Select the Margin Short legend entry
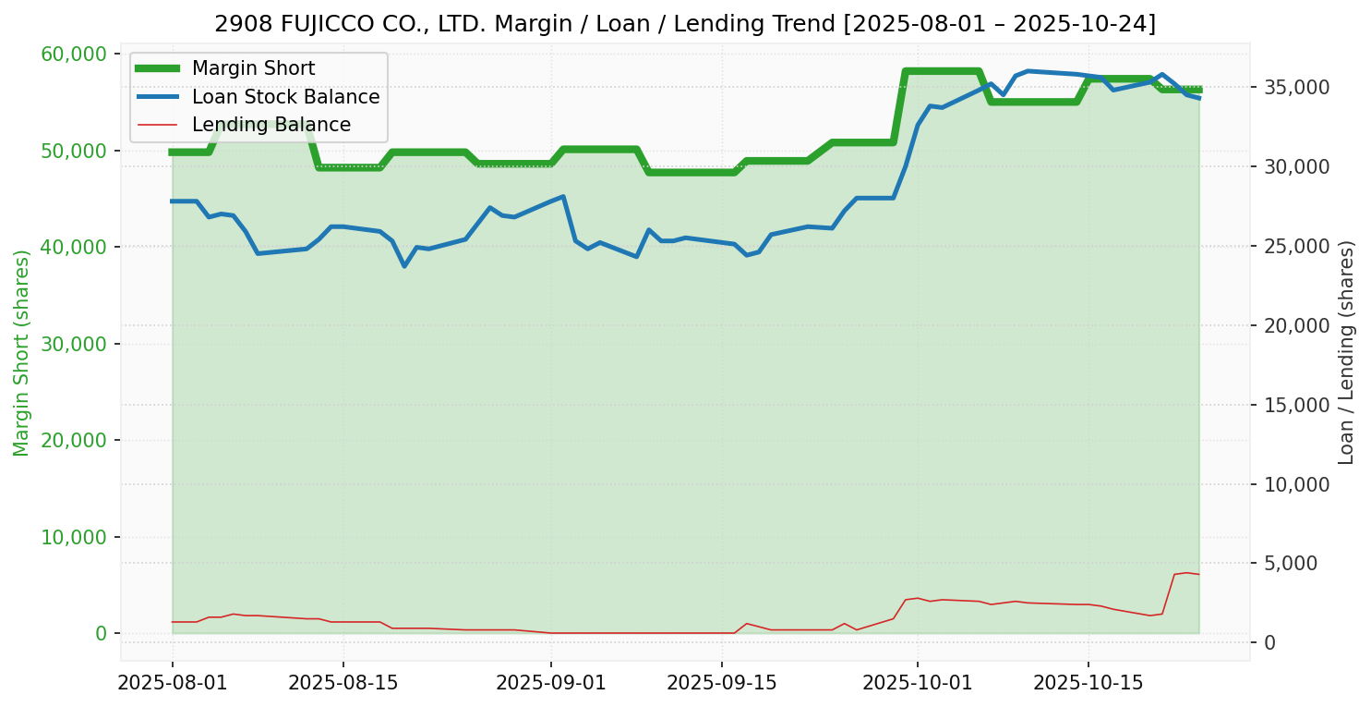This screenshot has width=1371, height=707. (x=253, y=68)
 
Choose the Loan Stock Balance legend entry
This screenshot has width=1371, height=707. (x=285, y=97)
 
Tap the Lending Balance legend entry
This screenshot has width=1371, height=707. (x=271, y=125)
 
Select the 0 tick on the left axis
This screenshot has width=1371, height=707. (x=101, y=634)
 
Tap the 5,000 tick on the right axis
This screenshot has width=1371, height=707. (x=1290, y=564)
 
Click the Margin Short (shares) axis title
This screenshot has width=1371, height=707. (x=21, y=353)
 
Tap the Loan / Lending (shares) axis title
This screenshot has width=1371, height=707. (x=1346, y=353)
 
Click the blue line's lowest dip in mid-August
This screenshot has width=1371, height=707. (x=404, y=266)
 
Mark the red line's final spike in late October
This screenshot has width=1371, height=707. (x=1185, y=573)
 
